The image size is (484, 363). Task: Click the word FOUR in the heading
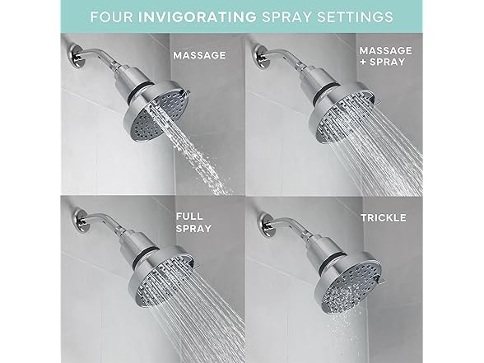(110, 16)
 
